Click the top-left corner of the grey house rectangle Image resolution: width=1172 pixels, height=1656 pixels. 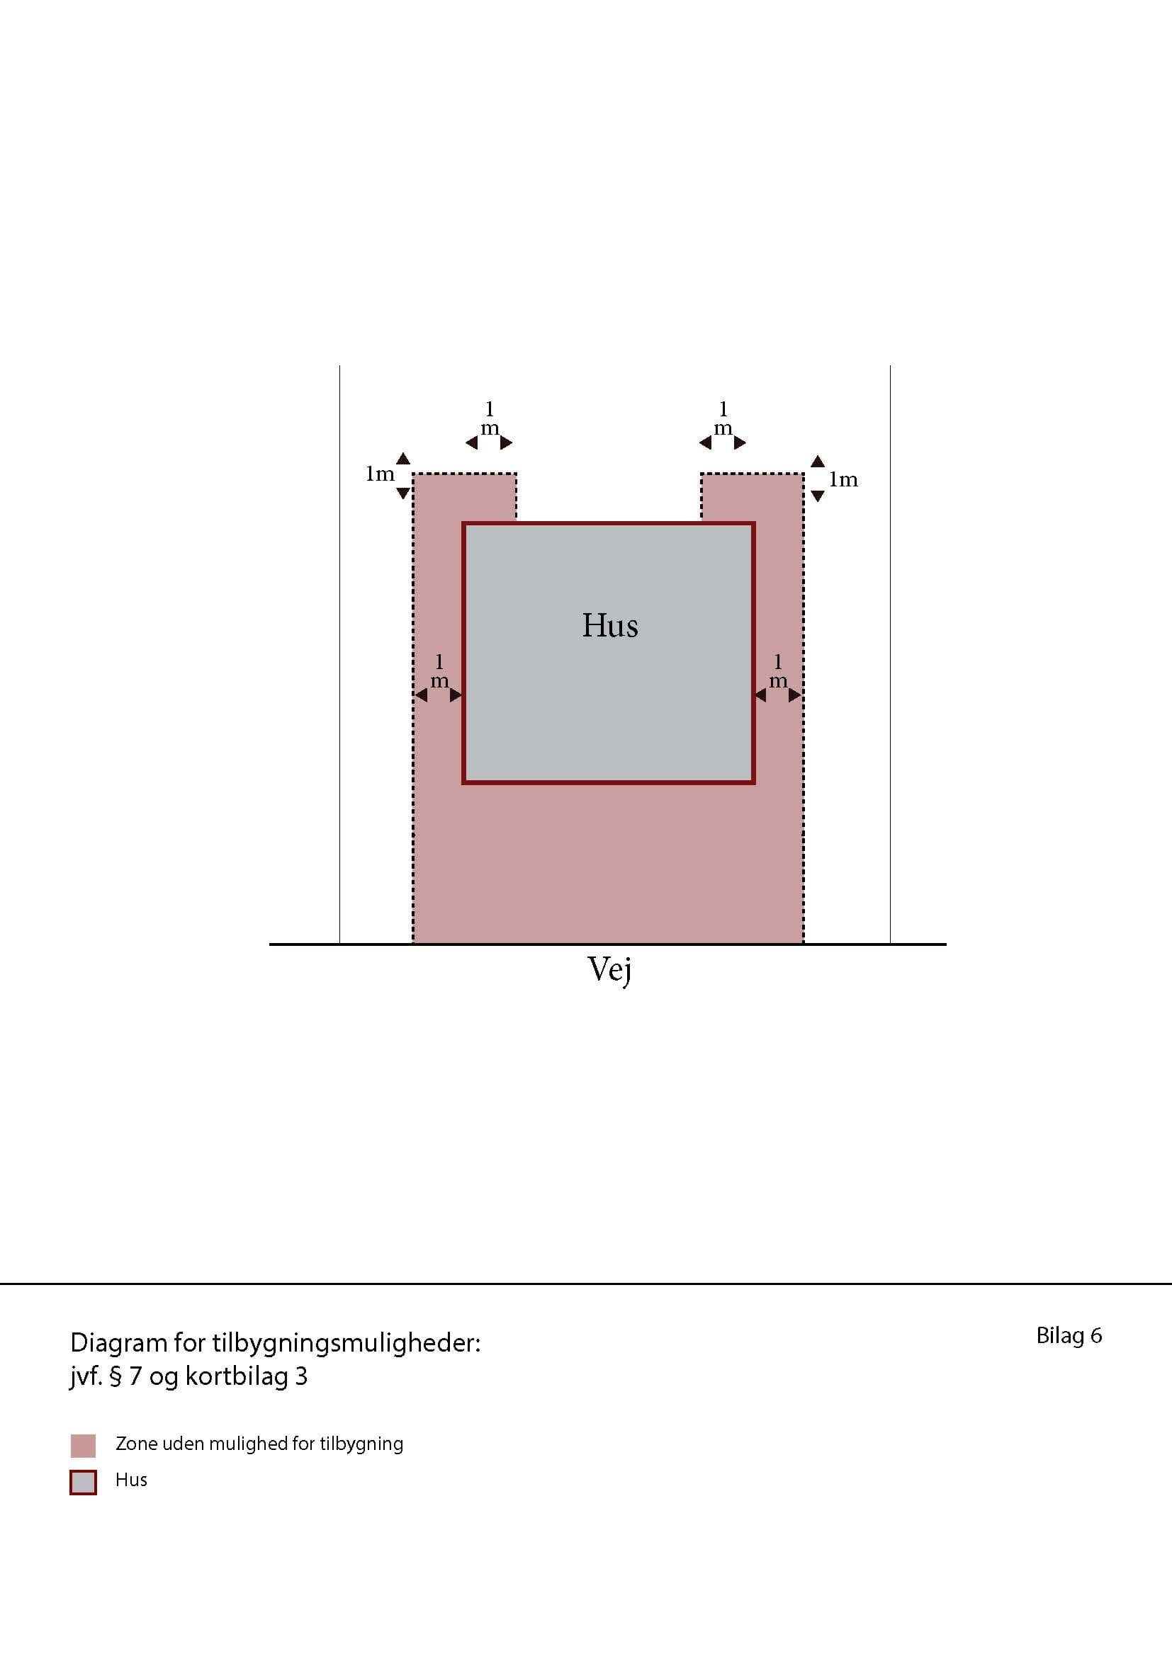click(x=463, y=523)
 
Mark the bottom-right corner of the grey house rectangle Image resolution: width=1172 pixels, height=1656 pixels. click(x=754, y=783)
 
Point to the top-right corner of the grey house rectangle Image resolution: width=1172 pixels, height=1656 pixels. click(x=754, y=523)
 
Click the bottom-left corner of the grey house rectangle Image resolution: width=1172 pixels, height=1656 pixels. click(x=463, y=783)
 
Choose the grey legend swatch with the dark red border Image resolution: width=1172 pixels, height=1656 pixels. click(x=83, y=1482)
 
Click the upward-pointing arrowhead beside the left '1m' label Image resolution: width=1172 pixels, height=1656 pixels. click(x=403, y=459)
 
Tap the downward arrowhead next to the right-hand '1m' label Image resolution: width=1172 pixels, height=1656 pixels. click(x=818, y=496)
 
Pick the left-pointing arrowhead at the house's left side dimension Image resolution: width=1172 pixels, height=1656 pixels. click(x=421, y=695)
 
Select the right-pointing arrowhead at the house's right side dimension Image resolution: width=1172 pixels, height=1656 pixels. click(x=795, y=695)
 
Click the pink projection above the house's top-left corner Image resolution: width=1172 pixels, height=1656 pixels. click(x=465, y=497)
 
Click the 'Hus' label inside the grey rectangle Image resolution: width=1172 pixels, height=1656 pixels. click(x=610, y=625)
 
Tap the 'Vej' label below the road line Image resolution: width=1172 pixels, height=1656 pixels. click(x=610, y=970)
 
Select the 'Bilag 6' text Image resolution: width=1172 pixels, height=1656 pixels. click(x=1069, y=1336)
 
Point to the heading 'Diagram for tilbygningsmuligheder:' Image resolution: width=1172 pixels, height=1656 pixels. click(x=275, y=1343)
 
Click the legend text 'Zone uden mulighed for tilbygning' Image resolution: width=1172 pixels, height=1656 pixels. click(x=259, y=1444)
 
